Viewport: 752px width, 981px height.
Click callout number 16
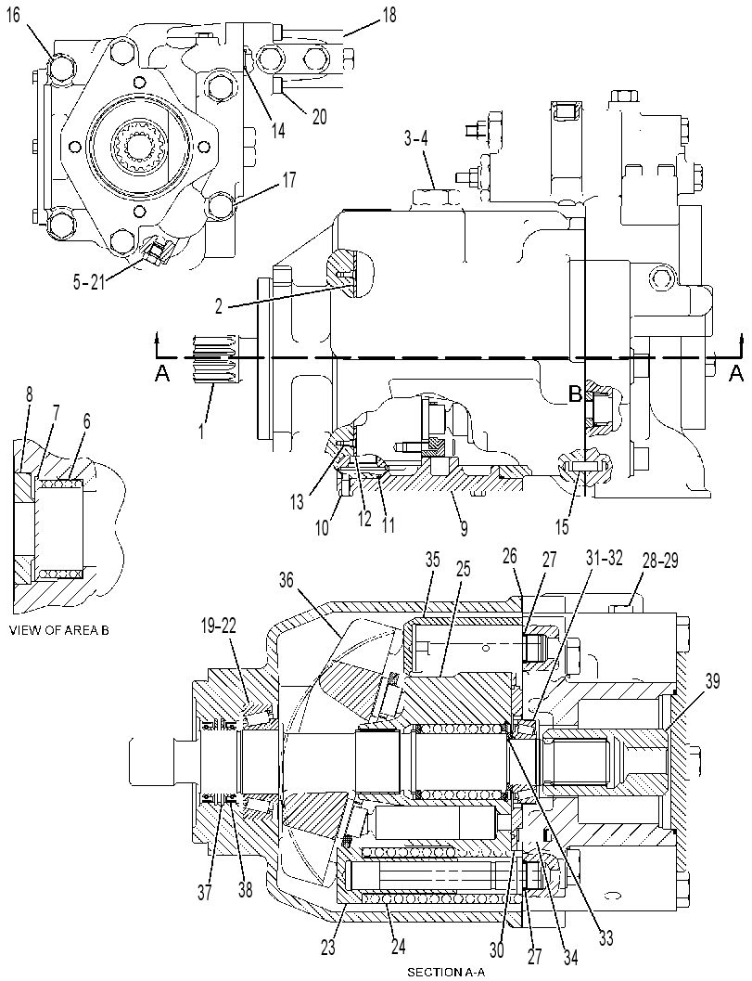coord(14,15)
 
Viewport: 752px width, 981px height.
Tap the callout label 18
coord(389,15)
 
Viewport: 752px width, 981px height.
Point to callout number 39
coord(713,682)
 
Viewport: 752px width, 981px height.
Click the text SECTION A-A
coord(446,973)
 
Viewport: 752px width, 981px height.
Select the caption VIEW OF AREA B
coord(59,631)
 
